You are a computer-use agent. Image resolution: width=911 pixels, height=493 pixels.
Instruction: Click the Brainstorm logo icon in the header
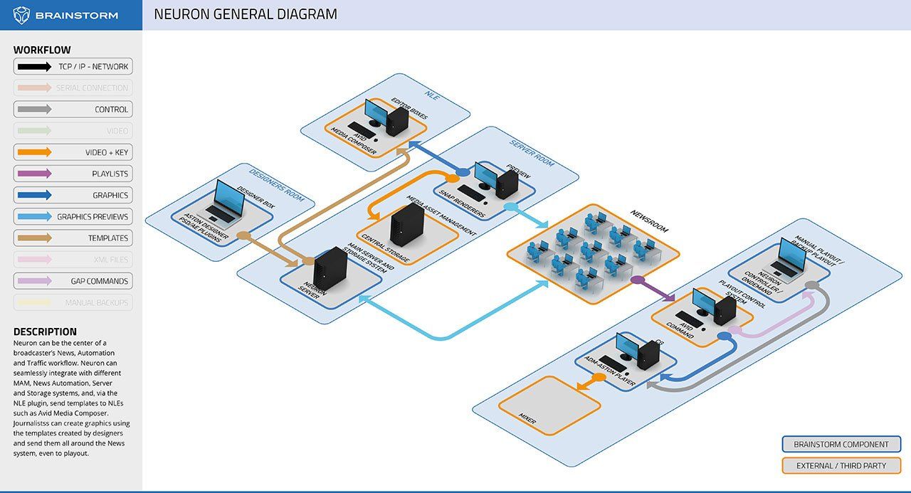click(x=22, y=15)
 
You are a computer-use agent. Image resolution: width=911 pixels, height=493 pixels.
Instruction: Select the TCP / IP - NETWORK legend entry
click(x=73, y=67)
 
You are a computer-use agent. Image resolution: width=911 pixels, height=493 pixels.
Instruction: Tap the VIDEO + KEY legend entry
click(x=73, y=152)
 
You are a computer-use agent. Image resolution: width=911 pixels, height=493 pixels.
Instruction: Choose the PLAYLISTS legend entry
click(x=73, y=174)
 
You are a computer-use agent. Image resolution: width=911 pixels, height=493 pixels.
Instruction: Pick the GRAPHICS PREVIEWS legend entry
click(x=73, y=217)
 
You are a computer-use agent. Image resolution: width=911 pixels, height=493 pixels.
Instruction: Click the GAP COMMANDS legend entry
click(x=73, y=281)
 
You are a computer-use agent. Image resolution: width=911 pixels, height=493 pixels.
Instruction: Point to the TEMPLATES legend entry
click(x=73, y=238)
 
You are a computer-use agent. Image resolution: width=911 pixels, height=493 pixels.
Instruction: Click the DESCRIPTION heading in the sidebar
click(x=45, y=332)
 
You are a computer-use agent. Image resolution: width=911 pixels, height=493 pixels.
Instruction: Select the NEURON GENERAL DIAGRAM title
click(x=246, y=14)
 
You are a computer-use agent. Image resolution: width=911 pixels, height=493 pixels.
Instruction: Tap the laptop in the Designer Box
click(x=226, y=202)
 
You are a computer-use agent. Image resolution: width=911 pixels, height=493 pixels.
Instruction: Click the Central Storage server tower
click(x=407, y=227)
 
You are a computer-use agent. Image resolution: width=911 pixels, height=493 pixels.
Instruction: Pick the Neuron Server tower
click(x=330, y=273)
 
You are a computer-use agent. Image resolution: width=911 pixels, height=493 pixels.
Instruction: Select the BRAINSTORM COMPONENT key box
click(x=841, y=445)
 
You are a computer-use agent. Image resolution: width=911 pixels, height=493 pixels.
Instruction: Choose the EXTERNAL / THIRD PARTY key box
click(x=841, y=466)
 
